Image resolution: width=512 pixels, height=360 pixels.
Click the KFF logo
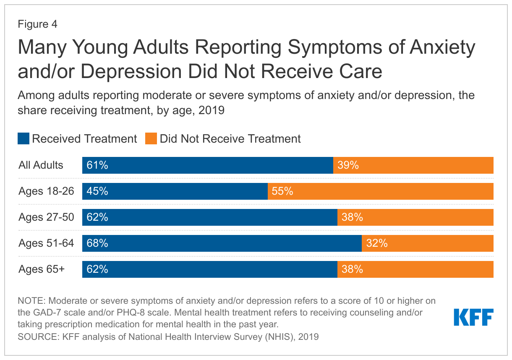[473, 317]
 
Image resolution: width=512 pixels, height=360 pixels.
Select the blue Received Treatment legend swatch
[24, 138]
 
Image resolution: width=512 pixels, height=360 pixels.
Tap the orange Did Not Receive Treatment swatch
[151, 138]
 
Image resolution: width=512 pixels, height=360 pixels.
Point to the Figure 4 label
[37, 24]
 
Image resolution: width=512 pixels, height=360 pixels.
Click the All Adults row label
[41, 165]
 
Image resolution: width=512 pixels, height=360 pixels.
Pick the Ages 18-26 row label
[46, 191]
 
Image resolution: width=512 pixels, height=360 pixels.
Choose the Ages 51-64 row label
[46, 243]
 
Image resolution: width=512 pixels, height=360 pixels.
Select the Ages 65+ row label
[42, 269]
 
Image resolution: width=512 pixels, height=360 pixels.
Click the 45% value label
[97, 191]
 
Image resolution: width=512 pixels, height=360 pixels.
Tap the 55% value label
[282, 191]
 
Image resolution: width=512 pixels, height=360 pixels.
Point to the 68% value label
[97, 243]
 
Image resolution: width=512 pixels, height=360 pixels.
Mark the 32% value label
[376, 243]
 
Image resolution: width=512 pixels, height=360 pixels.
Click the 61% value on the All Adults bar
[97, 165]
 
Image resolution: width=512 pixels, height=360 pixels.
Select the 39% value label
[348, 165]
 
